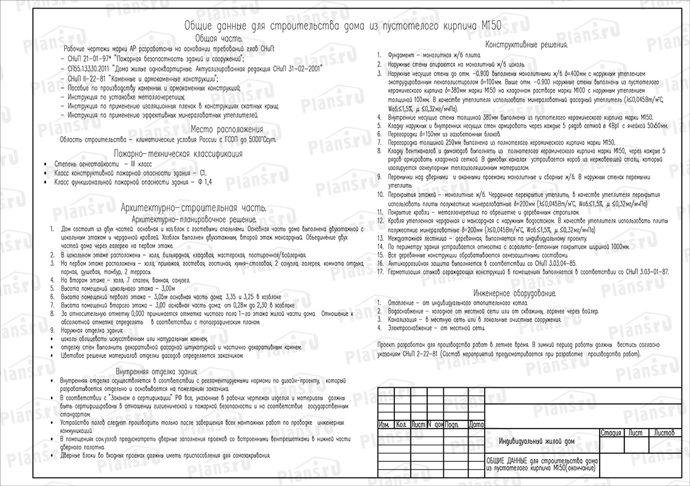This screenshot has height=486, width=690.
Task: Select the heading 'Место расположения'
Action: click(227, 129)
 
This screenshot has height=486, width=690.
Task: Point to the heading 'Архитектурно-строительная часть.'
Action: click(193, 208)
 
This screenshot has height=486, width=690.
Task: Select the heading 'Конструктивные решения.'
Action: click(527, 45)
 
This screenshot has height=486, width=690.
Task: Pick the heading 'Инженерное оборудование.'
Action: click(515, 293)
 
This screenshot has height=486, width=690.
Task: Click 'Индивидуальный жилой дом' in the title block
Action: click(537, 441)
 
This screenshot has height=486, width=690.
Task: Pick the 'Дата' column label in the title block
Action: click(476, 425)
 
